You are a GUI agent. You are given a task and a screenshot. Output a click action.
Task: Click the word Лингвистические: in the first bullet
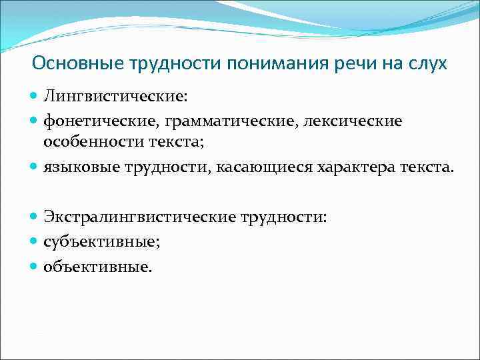115,97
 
